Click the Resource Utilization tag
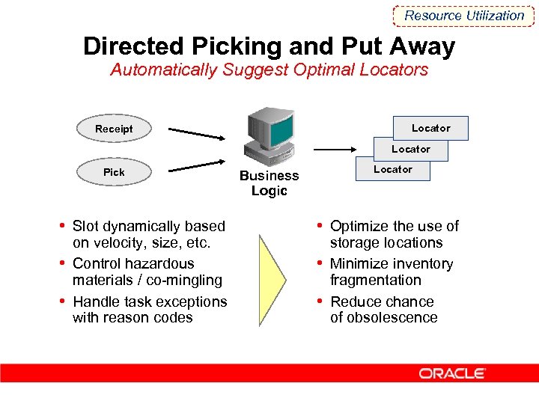pos(464,15)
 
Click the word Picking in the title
pos(237,46)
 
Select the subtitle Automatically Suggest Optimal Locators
pos(269,70)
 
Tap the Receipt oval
pos(114,129)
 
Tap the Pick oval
pos(114,172)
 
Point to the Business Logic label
pos(269,183)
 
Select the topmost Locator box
pos(431,128)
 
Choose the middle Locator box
pos(411,149)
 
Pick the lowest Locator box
pos(393,169)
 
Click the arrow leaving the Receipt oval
pos(196,133)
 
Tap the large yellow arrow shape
pos(272,281)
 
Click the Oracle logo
pos(452,373)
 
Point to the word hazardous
pos(159,264)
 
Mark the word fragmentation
pos(376,281)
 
